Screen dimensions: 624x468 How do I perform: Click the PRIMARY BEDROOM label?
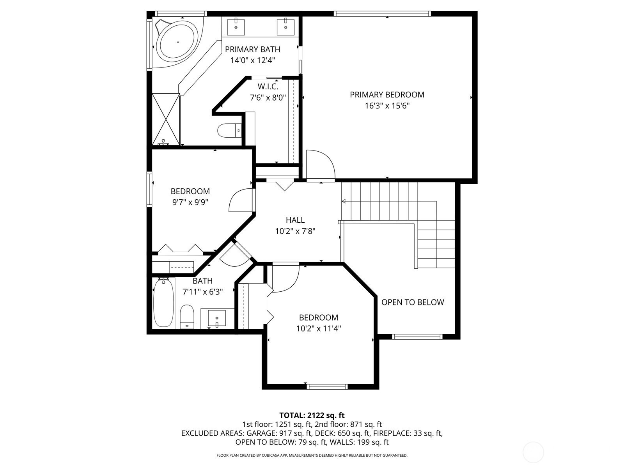coord(387,95)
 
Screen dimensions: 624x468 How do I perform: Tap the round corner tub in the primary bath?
coord(178,43)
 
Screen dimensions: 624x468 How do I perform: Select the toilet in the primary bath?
coord(229,130)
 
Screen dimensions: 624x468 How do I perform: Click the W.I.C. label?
coord(268,86)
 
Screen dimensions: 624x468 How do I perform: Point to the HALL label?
coord(295,220)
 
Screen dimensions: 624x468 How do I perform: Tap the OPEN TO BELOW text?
coord(413,302)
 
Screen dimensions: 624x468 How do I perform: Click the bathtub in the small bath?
coord(163,303)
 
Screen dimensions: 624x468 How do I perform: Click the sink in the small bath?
coord(217,318)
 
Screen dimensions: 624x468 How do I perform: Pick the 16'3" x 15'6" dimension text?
coord(387,106)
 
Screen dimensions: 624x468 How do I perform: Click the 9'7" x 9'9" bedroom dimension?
coord(190,202)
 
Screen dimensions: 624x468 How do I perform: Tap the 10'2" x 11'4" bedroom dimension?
coord(318,328)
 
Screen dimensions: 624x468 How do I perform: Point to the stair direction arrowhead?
coord(344,202)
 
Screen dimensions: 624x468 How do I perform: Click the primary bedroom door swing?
coord(321,165)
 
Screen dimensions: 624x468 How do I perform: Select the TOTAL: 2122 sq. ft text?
coord(312,415)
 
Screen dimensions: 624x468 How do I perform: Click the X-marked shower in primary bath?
coord(166,119)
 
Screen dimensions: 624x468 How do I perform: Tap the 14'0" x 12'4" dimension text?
coord(252,60)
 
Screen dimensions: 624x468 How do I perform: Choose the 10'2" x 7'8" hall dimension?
coord(295,231)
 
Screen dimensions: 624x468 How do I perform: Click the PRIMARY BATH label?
coord(252,49)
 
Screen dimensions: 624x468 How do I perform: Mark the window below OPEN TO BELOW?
coord(417,337)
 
